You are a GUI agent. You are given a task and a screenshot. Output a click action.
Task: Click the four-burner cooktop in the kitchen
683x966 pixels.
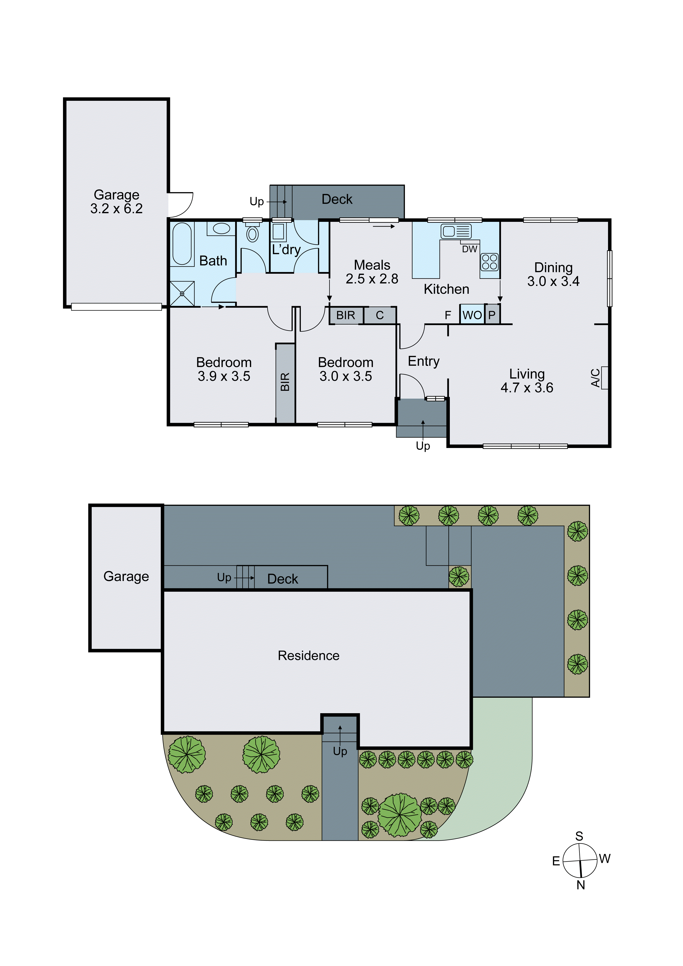(x=489, y=262)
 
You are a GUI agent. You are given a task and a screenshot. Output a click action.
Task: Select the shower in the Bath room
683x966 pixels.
(x=182, y=293)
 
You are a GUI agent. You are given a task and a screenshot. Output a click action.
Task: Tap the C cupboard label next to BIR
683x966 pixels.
(x=380, y=315)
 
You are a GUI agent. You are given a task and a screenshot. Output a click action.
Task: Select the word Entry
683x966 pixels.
(x=423, y=361)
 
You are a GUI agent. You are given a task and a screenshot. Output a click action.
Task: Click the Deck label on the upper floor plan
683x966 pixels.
(x=337, y=200)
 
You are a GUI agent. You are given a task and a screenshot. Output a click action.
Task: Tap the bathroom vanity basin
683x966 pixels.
(x=221, y=228)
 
